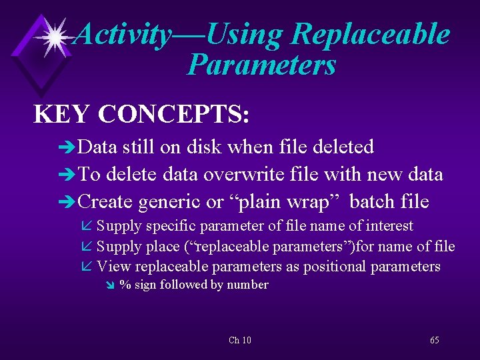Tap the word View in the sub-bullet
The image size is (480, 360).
[x=114, y=267]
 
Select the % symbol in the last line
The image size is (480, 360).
[x=123, y=285]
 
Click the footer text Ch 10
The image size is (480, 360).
[x=239, y=341]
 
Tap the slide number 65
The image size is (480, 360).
[x=434, y=341]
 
